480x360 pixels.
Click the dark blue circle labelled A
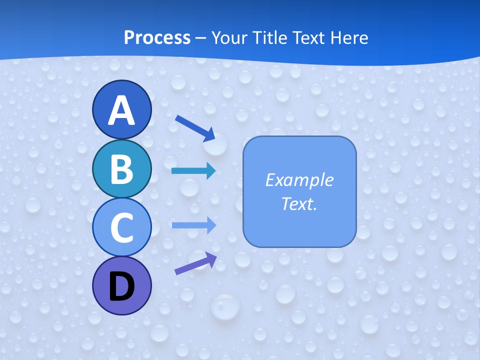pyautogui.click(x=121, y=109)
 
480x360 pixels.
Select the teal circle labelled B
pyautogui.click(x=121, y=168)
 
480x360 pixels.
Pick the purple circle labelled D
pyautogui.click(x=121, y=285)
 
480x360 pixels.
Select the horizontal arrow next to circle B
pyautogui.click(x=193, y=171)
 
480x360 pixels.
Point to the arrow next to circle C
pyautogui.click(x=193, y=225)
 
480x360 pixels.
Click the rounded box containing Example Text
pyautogui.click(x=299, y=191)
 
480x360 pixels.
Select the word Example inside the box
pyautogui.click(x=299, y=180)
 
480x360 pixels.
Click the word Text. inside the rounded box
pyautogui.click(x=299, y=204)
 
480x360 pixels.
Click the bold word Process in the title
pyautogui.click(x=157, y=37)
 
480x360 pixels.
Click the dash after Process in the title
pyautogui.click(x=201, y=38)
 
